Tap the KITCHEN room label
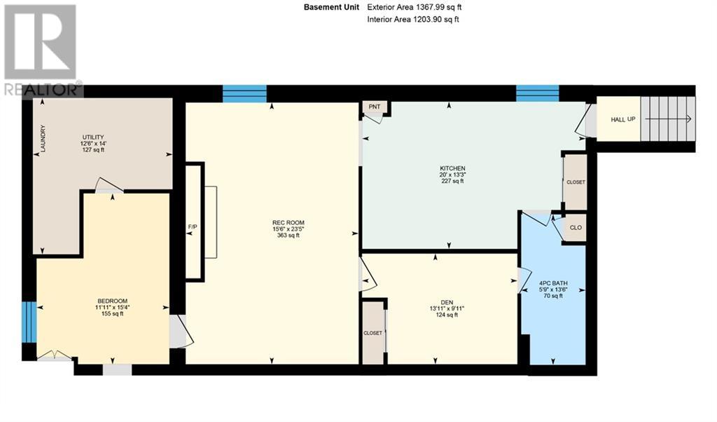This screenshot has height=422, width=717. [452, 168]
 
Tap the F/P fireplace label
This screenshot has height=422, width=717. [193, 227]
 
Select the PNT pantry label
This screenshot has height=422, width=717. [375, 107]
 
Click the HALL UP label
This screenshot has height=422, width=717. [622, 120]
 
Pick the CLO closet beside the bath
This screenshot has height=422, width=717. [576, 228]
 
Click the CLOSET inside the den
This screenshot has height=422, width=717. [373, 333]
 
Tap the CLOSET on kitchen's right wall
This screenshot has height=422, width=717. [576, 182]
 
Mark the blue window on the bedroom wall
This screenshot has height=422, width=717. [28, 322]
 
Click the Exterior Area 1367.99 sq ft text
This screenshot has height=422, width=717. [415, 7]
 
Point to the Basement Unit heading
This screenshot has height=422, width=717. [332, 7]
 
